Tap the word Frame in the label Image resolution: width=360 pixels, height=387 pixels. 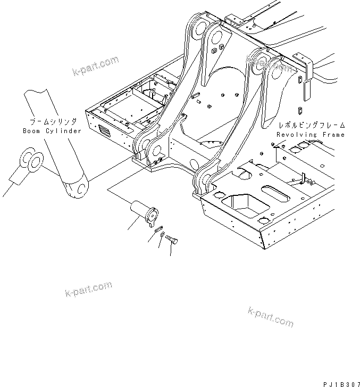tap(333, 135)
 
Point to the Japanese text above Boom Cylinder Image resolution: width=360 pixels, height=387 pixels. tap(52, 121)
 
